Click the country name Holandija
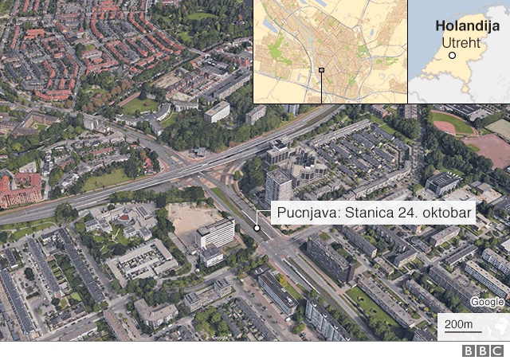tap(467, 25)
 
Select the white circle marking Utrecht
tap(452, 55)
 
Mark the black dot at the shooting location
tap(257, 228)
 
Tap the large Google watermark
tap(486, 302)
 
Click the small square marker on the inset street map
tap(321, 71)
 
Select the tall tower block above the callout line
tap(278, 186)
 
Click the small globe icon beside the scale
tap(501, 325)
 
